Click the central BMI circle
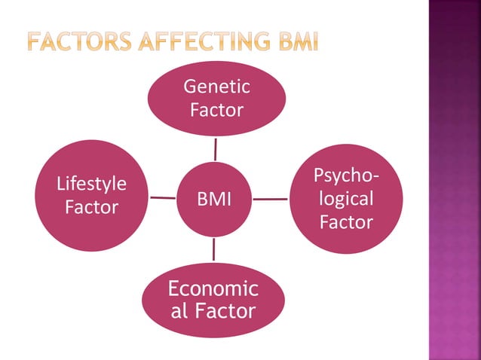(x=214, y=199)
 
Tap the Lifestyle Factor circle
(x=92, y=196)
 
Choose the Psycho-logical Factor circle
(x=346, y=199)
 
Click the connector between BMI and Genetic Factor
(x=216, y=148)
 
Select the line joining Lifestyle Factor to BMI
(x=163, y=198)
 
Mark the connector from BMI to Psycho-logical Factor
(x=270, y=200)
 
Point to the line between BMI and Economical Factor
(x=214, y=249)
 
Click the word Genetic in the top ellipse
(x=216, y=88)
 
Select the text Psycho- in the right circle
(x=346, y=176)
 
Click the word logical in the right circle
(x=346, y=199)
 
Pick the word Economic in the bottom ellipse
(x=213, y=289)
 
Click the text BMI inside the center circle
(x=214, y=200)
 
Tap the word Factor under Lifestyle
(x=92, y=207)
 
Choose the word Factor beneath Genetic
(x=216, y=111)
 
